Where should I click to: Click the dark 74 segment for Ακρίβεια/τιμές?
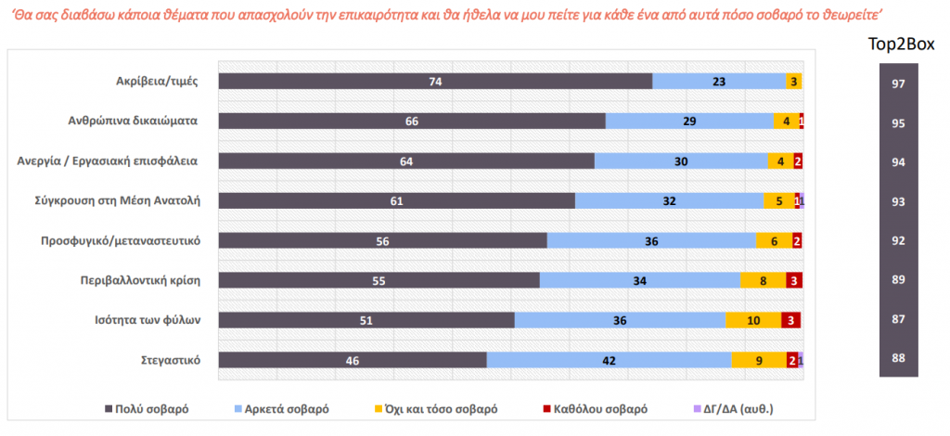pos(434,82)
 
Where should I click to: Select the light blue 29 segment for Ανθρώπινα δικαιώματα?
pos(688,121)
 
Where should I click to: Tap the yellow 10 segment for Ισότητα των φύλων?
pos(753,320)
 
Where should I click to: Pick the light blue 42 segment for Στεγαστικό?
pos(609,360)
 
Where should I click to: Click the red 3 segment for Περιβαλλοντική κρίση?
pos(794,280)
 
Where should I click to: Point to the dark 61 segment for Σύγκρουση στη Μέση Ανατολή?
pos(396,200)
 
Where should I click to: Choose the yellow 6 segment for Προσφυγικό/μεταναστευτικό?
pos(774,240)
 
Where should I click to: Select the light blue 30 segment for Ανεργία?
pos(681,160)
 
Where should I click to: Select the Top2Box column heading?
pos(900,44)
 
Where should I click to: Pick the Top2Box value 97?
pos(898,84)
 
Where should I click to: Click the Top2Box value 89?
pos(898,280)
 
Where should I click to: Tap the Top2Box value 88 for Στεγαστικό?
pos(898,360)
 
